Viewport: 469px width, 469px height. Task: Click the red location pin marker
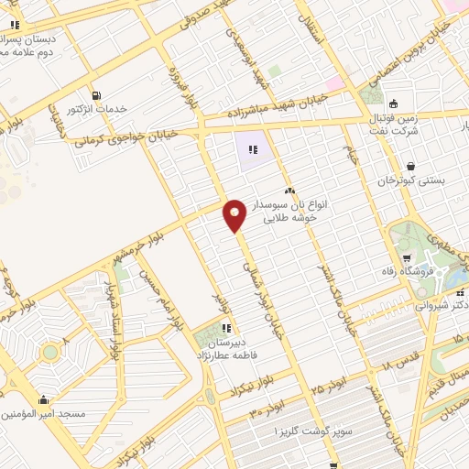[x=235, y=215]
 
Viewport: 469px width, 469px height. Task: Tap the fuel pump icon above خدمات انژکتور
[x=95, y=95]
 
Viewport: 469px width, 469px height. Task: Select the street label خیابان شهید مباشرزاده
[x=275, y=114]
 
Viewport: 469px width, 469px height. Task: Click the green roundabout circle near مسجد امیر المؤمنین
[x=50, y=352]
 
